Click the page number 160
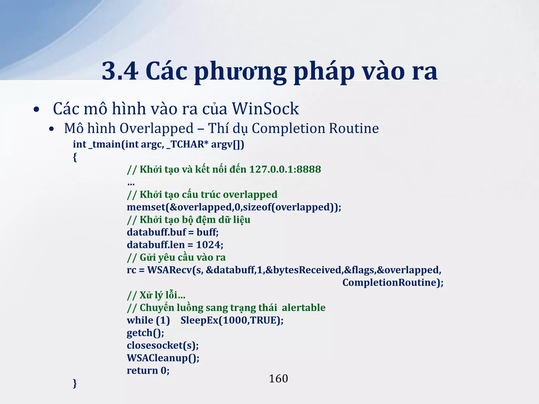pos(278,379)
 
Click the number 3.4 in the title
pos(120,71)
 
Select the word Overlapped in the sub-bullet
pos(156,128)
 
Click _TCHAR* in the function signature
pos(187,144)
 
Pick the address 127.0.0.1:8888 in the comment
pos(285,169)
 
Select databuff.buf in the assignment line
pos(156,232)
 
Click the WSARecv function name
pos(169,270)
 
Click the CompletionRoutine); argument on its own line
pos(393,282)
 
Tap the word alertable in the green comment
pos(303,308)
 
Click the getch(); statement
pos(145,333)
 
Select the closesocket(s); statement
pos(163,345)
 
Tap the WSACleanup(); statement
pos(163,358)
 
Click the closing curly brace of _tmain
pos(75,383)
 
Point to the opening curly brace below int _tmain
pos(75,157)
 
